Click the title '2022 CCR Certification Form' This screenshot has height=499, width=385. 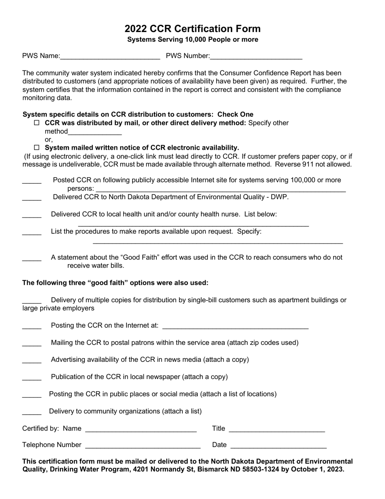pyautogui.click(x=192, y=29)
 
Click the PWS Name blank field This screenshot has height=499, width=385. pyautogui.click(x=110, y=57)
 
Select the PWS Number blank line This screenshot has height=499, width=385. pyautogui.click(x=256, y=57)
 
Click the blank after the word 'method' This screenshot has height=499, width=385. pyautogui.click(x=95, y=132)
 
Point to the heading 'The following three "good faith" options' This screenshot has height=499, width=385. pyautogui.click(x=115, y=283)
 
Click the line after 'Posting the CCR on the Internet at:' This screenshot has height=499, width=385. pyautogui.click(x=235, y=326)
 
